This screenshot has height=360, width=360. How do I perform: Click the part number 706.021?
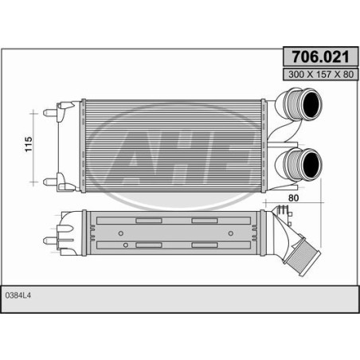tap(320, 57)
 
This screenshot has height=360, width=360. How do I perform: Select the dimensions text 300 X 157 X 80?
tap(321, 74)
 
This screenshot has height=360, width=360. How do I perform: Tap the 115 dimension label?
tap(29, 144)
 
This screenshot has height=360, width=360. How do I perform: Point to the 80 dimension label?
tap(293, 198)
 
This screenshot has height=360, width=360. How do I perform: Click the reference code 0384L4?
tap(18, 295)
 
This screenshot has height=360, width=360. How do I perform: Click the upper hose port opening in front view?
tap(311, 104)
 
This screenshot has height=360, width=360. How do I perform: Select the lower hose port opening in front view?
tap(311, 164)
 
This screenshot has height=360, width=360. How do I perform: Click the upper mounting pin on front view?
tap(50, 112)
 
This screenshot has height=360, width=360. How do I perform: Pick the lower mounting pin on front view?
tap(50, 182)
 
